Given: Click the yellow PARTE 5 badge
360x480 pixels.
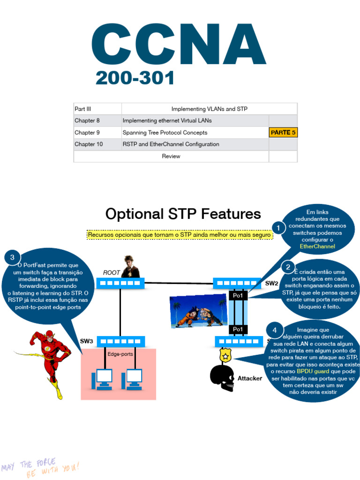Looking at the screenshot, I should [283, 133].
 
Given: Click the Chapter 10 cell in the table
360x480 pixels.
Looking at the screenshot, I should [89, 144].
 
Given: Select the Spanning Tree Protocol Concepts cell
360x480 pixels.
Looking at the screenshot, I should [165, 133].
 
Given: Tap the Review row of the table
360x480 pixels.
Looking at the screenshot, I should [171, 156].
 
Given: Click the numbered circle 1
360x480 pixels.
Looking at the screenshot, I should [278, 228].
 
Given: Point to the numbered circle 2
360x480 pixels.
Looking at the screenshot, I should [288, 267].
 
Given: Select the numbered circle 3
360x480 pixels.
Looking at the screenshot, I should [12, 257].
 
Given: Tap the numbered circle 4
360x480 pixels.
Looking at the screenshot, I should [274, 330].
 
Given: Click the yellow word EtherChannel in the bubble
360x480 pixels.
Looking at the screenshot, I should [317, 246].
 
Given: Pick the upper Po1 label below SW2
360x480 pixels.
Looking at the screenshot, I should [238, 296].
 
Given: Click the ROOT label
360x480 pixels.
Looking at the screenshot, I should [112, 272].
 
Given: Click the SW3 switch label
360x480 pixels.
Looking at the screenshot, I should [86, 341].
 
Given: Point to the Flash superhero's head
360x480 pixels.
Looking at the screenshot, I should [49, 336].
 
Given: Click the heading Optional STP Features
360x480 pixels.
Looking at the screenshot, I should [183, 214].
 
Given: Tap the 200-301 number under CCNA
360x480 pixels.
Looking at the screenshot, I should [135, 78].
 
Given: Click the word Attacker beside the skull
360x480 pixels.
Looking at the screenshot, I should [250, 378].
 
